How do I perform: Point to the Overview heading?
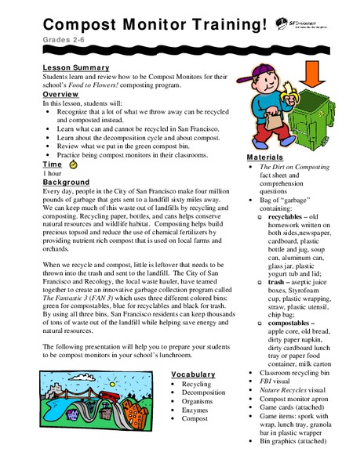click(60, 94)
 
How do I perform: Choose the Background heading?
click(67, 182)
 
